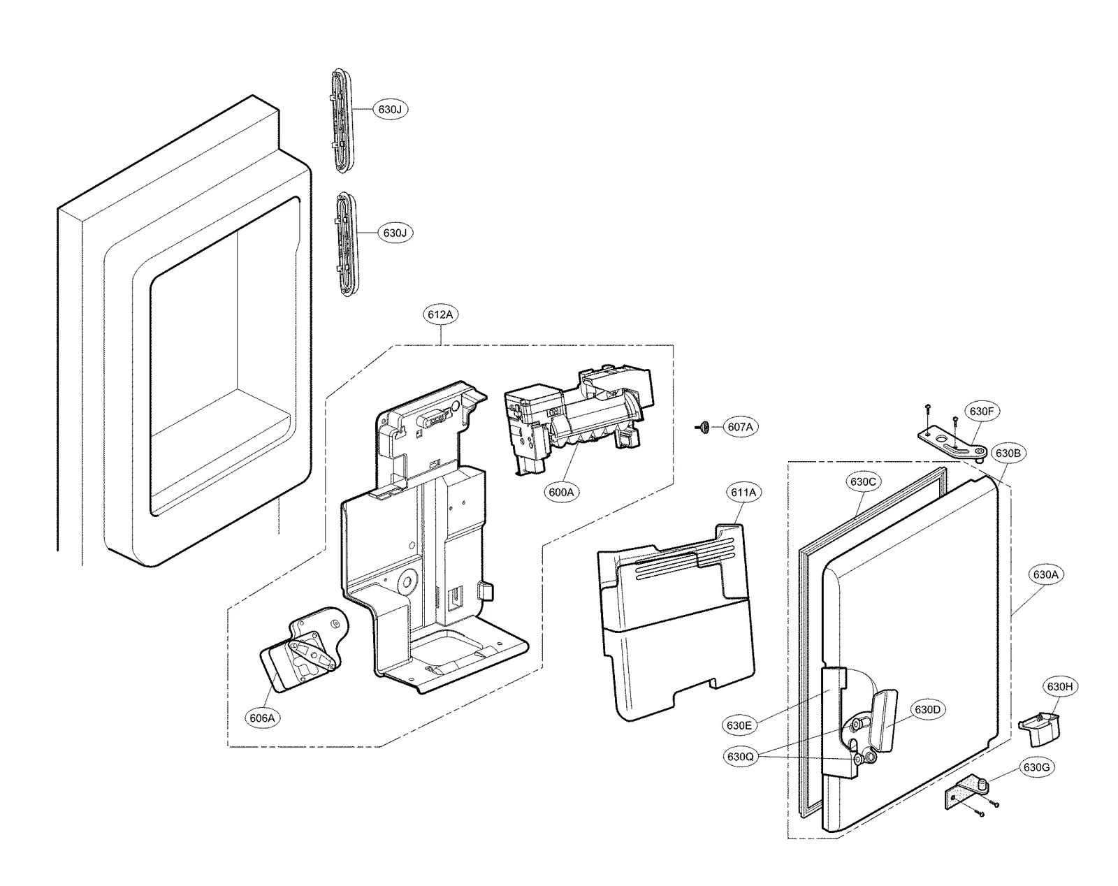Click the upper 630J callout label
click(x=390, y=110)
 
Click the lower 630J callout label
click(x=395, y=233)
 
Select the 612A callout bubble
click(x=440, y=315)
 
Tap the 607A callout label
click(x=739, y=427)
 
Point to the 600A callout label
click(x=560, y=492)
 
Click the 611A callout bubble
click(x=743, y=492)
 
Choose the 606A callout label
click(x=261, y=718)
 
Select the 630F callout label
click(x=981, y=412)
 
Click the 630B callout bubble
click(x=1008, y=453)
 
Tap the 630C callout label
click(x=862, y=481)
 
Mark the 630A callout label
click(x=1045, y=575)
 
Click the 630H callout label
click(x=1059, y=687)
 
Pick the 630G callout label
click(x=1036, y=767)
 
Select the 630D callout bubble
click(x=927, y=710)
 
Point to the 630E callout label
click(x=739, y=725)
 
